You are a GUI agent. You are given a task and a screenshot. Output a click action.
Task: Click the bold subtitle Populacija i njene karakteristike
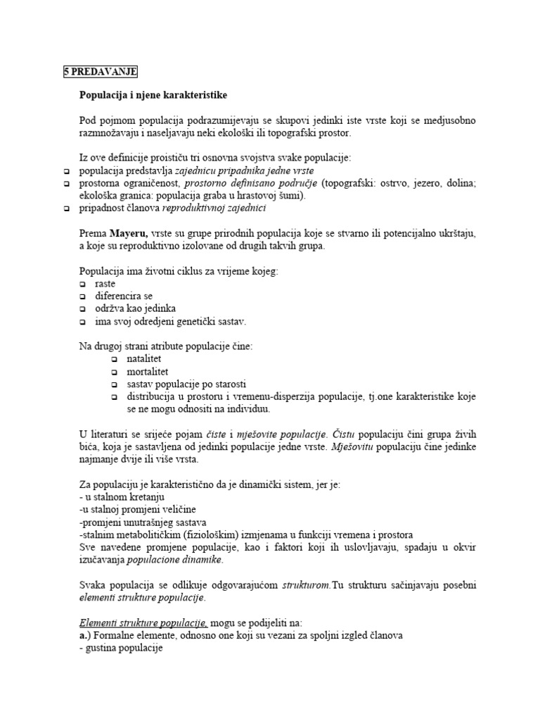tap(153, 94)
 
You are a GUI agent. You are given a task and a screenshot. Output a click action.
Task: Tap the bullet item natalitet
tap(145, 358)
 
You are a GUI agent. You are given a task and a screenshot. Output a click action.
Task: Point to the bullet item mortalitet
tap(148, 371)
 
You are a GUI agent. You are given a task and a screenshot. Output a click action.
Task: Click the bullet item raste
tap(105, 283)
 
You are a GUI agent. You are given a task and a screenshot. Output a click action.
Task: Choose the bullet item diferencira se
tap(124, 296)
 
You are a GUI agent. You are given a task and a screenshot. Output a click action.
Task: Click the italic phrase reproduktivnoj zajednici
tap(214, 208)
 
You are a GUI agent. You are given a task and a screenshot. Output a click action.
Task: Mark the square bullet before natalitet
tap(115, 359)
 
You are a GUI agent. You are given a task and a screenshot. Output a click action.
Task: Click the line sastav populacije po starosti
tap(186, 384)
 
